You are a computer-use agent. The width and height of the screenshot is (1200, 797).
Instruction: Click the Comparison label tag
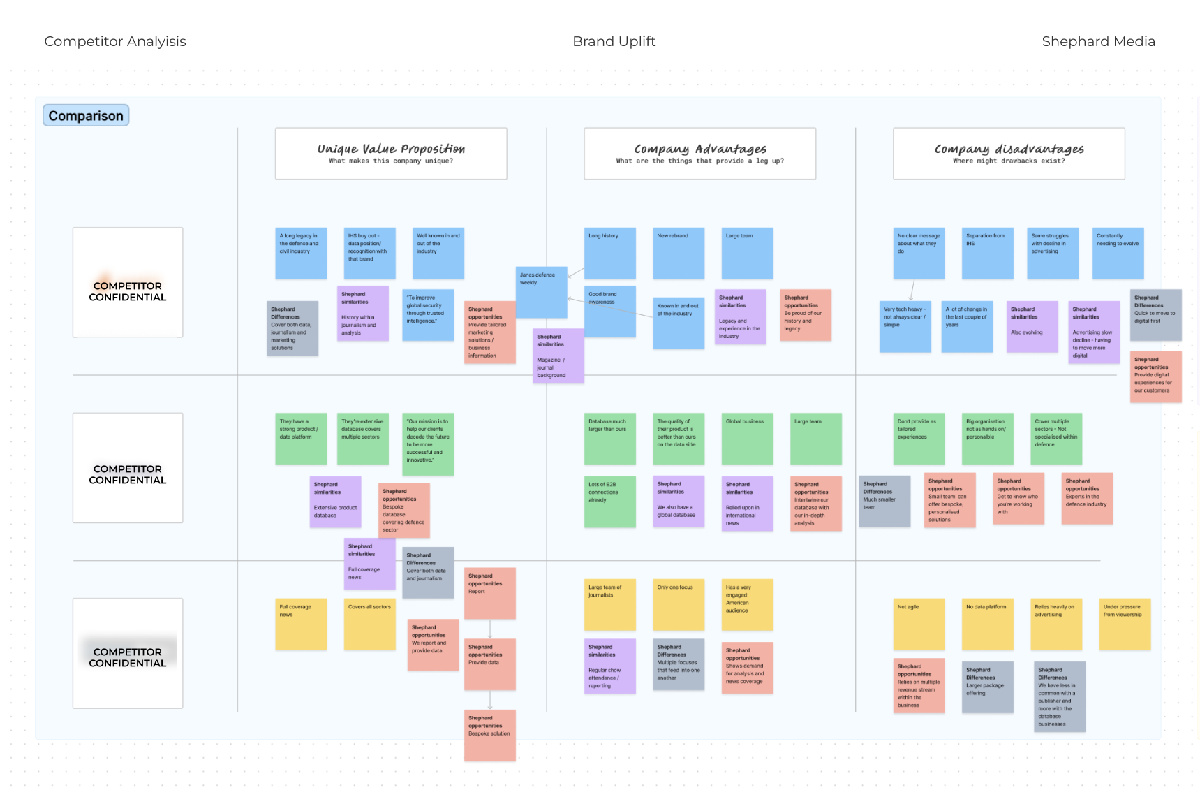pyautogui.click(x=86, y=116)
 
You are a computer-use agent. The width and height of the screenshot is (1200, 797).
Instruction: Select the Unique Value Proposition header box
pyautogui.click(x=391, y=154)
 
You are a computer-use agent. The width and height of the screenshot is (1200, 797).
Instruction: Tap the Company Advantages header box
pyautogui.click(x=699, y=154)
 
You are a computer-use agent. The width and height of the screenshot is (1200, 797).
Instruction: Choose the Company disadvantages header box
pyautogui.click(x=1009, y=154)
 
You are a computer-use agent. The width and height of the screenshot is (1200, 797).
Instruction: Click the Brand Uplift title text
pyautogui.click(x=614, y=41)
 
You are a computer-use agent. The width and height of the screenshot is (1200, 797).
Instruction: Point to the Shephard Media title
pyautogui.click(x=1098, y=41)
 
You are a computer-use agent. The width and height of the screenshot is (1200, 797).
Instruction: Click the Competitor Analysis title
pyautogui.click(x=115, y=41)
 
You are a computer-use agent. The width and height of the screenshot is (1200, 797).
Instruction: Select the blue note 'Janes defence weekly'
pyautogui.click(x=541, y=292)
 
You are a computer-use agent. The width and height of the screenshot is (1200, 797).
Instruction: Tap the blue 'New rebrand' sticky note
pyautogui.click(x=679, y=253)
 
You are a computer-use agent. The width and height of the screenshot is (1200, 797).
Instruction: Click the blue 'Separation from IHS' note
pyautogui.click(x=987, y=253)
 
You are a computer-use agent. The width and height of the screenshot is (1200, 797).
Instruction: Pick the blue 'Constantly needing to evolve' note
pyautogui.click(x=1118, y=253)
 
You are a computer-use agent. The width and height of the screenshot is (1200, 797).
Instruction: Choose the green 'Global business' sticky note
pyautogui.click(x=747, y=439)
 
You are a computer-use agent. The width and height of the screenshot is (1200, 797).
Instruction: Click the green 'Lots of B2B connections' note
pyautogui.click(x=609, y=502)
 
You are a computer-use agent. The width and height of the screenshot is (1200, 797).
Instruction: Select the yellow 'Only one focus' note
pyautogui.click(x=679, y=604)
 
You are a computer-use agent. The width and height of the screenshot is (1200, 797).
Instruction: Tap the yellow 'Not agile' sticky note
pyautogui.click(x=919, y=624)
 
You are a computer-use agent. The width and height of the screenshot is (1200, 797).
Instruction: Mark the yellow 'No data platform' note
pyautogui.click(x=987, y=624)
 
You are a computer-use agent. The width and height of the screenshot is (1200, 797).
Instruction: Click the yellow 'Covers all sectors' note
pyautogui.click(x=370, y=624)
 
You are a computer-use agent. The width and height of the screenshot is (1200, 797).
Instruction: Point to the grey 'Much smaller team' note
pyautogui.click(x=884, y=502)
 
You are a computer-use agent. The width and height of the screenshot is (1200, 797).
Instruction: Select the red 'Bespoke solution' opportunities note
pyautogui.click(x=490, y=736)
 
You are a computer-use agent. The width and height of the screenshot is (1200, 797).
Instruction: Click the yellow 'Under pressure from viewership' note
pyautogui.click(x=1125, y=624)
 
